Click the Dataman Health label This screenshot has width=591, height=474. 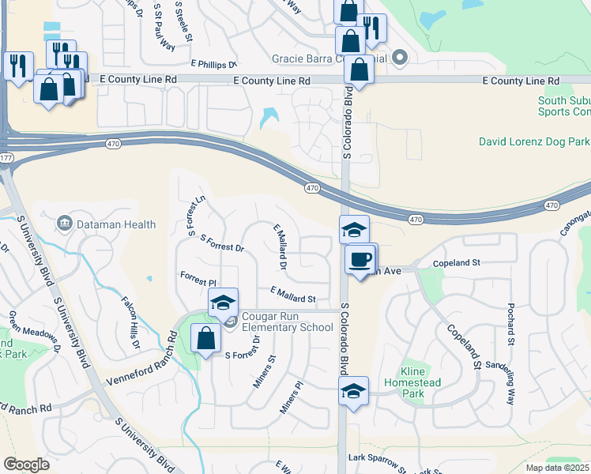pos(117,224)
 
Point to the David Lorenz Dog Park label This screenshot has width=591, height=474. pos(534,142)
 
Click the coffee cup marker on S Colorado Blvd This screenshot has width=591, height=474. pos(361,259)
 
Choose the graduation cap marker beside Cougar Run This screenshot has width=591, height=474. pos(224,302)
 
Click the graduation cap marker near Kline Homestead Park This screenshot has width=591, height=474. pos(353,390)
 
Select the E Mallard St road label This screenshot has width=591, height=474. pos(292,295)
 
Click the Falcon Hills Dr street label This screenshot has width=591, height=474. pos(130,325)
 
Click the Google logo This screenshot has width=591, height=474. pos(26,465)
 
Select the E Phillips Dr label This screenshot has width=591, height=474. pos(213,64)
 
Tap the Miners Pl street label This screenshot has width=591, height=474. pos(292,398)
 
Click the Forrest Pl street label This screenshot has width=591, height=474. pos(198,280)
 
